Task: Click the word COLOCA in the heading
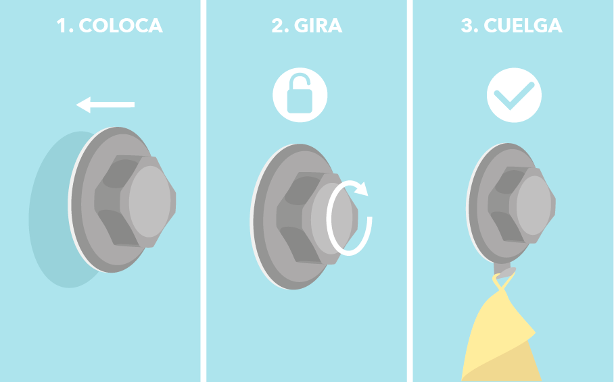pyautogui.click(x=120, y=26)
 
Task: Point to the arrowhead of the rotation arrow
pyautogui.click(x=362, y=187)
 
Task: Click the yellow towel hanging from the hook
pyautogui.click(x=500, y=337)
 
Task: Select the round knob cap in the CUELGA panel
pyautogui.click(x=536, y=206)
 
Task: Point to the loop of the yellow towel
pyautogui.click(x=500, y=284)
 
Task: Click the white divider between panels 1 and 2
pyautogui.click(x=203, y=191)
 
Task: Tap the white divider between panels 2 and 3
pyautogui.click(x=410, y=191)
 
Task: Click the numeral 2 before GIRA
pyautogui.click(x=277, y=26)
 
